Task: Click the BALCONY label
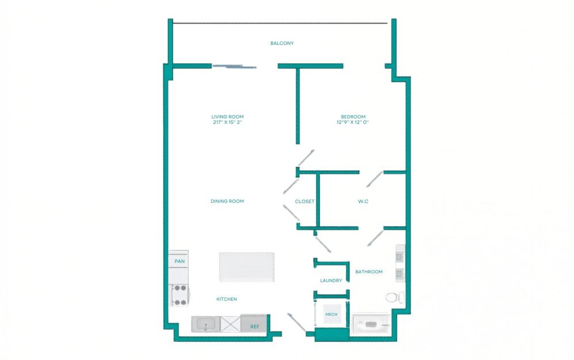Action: tap(282, 43)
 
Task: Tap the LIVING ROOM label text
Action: tap(227, 117)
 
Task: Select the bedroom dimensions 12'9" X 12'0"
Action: tap(352, 122)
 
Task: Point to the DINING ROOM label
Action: tap(227, 201)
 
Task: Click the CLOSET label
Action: tap(304, 202)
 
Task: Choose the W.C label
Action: tap(363, 202)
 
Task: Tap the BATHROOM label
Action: tap(369, 272)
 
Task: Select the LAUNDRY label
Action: tap(331, 281)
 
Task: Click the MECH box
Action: tap(331, 314)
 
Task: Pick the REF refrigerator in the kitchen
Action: tap(254, 325)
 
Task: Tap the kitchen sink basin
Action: tap(204, 325)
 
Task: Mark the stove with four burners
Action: tap(179, 295)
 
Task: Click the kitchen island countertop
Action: tap(247, 267)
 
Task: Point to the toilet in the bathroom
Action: tap(393, 297)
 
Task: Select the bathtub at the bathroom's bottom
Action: tap(370, 325)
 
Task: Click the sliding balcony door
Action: tap(234, 67)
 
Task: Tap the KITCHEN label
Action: tap(227, 299)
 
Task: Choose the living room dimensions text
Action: tap(227, 122)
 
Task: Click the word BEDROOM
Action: tap(352, 117)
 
